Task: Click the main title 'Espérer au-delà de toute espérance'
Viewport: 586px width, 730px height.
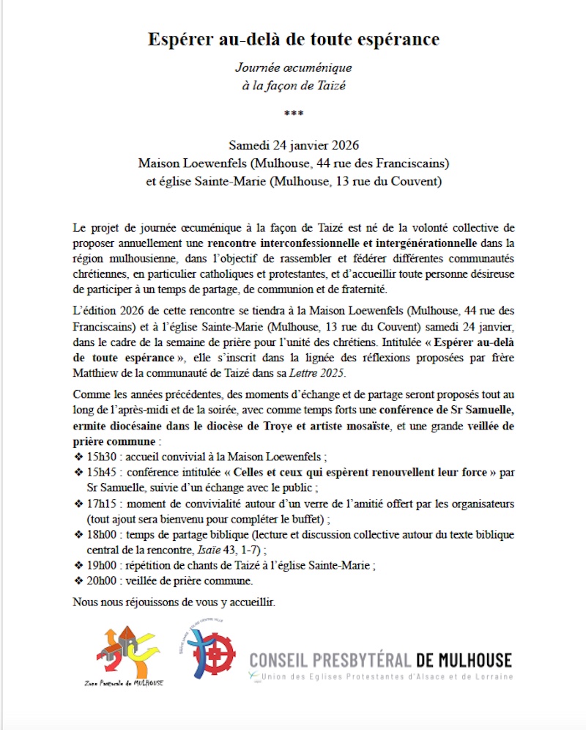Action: [x=292, y=39]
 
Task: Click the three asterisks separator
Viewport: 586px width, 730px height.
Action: [x=292, y=114]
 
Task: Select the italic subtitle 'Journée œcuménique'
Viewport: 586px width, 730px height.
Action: [x=293, y=67]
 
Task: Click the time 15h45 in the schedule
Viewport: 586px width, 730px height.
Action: [x=101, y=473]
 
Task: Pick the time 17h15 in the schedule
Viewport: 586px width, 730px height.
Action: [x=101, y=504]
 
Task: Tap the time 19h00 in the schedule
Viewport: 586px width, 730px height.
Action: [x=101, y=566]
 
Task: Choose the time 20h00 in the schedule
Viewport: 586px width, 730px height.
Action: [x=101, y=581]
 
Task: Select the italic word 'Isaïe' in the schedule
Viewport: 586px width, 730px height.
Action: [x=226, y=550]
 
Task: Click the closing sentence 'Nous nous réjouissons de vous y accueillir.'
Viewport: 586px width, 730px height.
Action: [x=174, y=602]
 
